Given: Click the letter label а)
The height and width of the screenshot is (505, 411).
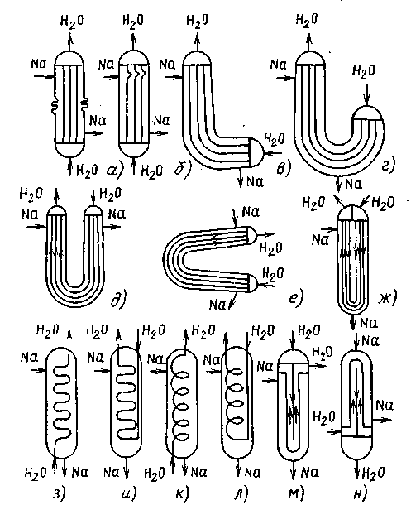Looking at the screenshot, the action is [x=114, y=170].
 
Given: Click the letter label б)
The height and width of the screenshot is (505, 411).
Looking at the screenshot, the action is [x=182, y=168].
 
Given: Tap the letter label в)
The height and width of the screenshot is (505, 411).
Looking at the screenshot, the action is [x=284, y=168].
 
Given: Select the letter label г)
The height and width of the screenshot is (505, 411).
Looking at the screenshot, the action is [x=387, y=166].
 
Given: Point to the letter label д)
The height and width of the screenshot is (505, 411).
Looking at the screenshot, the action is [x=117, y=299].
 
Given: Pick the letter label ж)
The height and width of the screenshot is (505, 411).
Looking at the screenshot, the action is [x=388, y=297].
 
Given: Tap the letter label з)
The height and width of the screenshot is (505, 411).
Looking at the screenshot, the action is [x=59, y=493].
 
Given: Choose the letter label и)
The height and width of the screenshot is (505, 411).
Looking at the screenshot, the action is [x=129, y=493].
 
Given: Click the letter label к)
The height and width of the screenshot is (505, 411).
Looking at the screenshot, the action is [x=182, y=493].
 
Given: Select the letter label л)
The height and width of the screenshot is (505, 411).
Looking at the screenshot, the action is [x=241, y=493].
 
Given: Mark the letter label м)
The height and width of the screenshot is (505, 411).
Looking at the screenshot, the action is [x=296, y=493].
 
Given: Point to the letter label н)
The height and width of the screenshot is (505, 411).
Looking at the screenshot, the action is [x=359, y=493].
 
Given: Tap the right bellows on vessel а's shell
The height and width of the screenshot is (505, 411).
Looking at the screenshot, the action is [x=85, y=104].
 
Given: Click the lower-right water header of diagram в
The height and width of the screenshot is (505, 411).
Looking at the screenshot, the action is [x=256, y=151].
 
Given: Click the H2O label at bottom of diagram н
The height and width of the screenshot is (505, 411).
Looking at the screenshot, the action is [x=374, y=473].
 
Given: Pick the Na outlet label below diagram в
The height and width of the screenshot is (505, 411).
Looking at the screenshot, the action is [x=256, y=182].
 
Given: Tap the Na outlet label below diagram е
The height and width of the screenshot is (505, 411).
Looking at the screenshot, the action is [x=217, y=305].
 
